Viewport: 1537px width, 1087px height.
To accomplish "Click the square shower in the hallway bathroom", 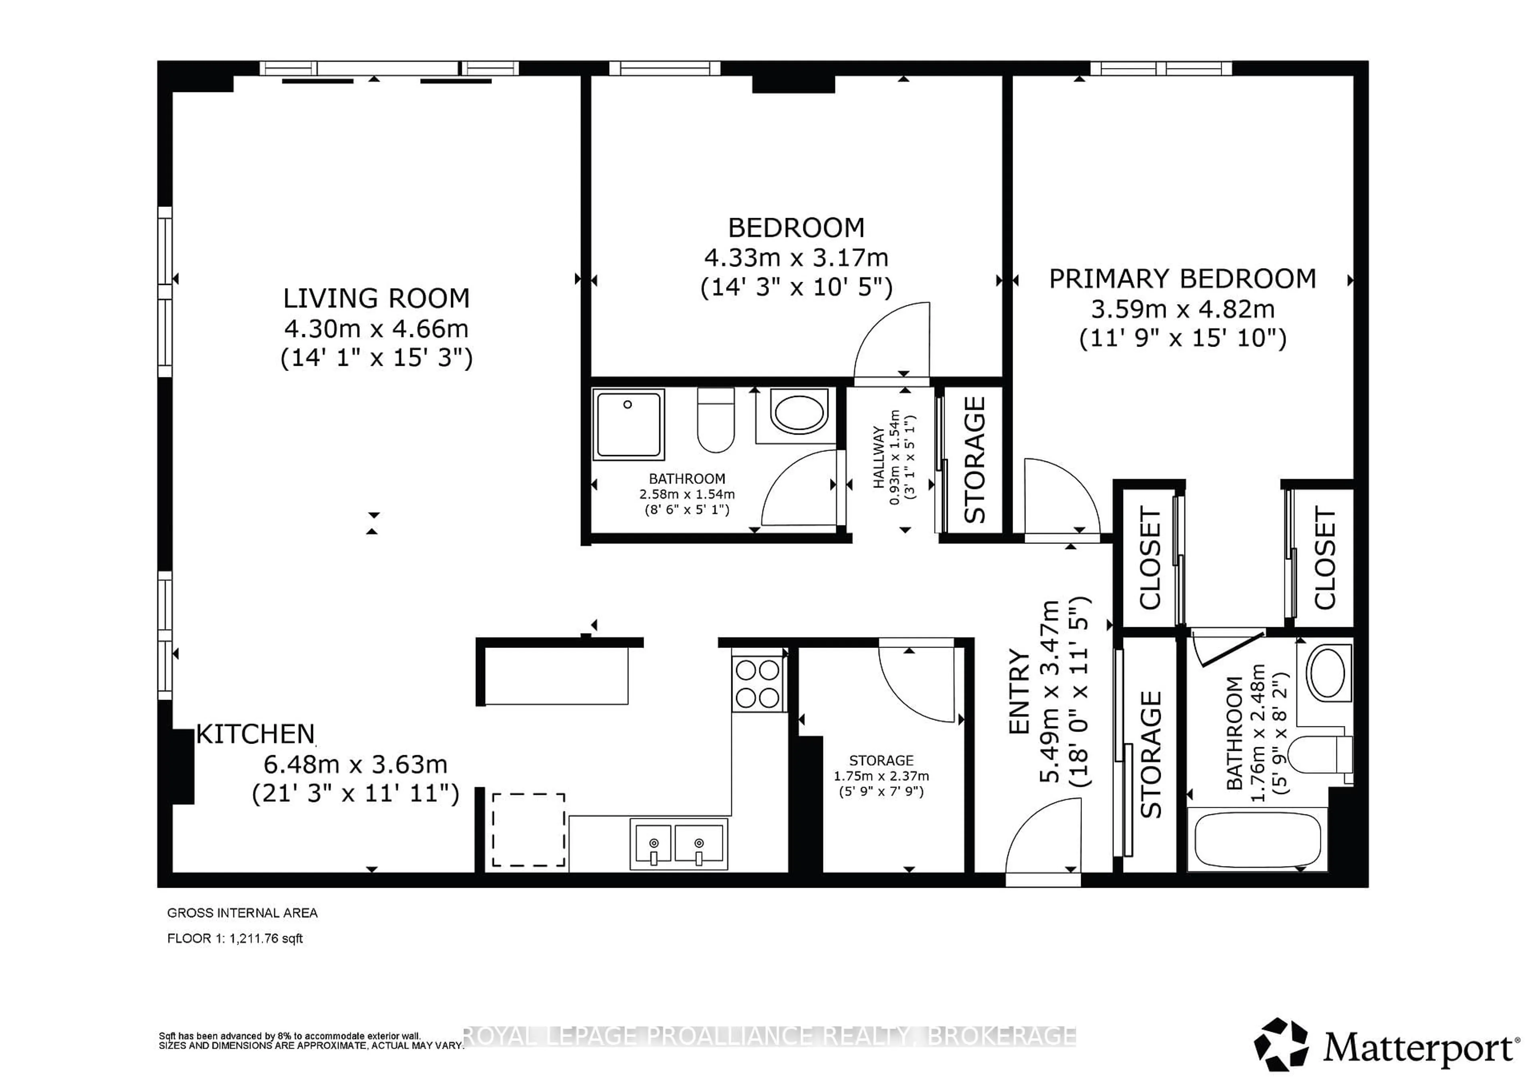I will [628, 424].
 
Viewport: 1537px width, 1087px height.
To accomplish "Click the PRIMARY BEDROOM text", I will [1182, 279].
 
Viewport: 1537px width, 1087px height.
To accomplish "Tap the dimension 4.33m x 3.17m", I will [796, 258].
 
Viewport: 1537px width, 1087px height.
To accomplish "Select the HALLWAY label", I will [879, 457].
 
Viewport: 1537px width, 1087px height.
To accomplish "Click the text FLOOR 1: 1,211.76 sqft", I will [235, 939].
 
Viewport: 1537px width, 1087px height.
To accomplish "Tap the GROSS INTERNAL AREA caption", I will [242, 913].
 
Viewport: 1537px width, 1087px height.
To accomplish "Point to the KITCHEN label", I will [255, 735].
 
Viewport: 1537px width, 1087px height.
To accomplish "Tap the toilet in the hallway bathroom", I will [716, 420].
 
